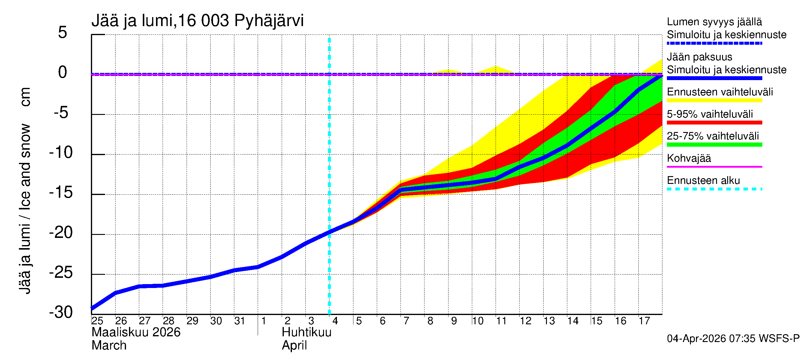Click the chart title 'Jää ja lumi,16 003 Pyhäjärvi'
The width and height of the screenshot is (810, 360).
[197, 21]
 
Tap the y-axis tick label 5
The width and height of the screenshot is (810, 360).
[62, 32]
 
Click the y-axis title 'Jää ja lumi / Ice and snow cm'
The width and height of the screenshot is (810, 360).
[25, 190]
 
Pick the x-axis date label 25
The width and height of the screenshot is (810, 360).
[97, 321]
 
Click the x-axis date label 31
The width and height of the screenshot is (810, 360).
[240, 321]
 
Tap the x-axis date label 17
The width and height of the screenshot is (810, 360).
[644, 321]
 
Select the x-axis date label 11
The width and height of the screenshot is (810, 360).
[501, 321]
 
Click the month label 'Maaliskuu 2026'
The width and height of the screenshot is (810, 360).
[136, 332]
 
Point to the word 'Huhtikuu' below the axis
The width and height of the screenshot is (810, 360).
[306, 332]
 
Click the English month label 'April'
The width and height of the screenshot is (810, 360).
[294, 346]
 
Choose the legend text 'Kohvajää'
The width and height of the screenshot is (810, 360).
[688, 158]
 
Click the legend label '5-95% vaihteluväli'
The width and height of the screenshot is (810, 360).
[710, 114]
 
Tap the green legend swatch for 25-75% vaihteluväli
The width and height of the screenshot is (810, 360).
[714, 145]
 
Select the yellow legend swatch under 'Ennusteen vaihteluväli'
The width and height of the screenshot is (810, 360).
[714, 100]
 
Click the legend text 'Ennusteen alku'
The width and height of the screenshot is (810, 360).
[703, 181]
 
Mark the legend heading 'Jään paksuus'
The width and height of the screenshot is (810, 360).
[699, 57]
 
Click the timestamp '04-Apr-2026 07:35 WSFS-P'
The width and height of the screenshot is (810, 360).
[733, 339]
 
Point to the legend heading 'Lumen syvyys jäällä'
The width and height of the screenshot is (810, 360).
[714, 22]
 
